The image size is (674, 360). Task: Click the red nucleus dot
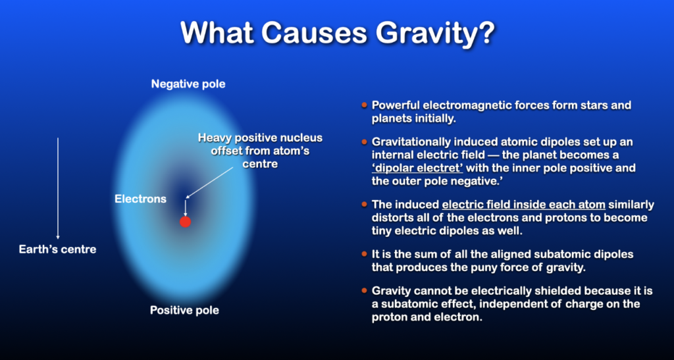pyautogui.click(x=185, y=222)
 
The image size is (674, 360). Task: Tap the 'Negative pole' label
pyautogui.click(x=188, y=84)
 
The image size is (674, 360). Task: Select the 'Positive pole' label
pyautogui.click(x=184, y=310)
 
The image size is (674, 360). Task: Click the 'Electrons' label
pyautogui.click(x=141, y=199)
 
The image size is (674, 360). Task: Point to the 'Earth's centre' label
pyautogui.click(x=58, y=249)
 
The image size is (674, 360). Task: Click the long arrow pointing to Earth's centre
pyautogui.click(x=58, y=188)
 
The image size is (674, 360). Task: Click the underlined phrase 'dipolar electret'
pyautogui.click(x=417, y=168)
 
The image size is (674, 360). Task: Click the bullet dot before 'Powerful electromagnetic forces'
pyautogui.click(x=365, y=105)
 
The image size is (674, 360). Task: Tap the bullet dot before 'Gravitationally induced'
pyautogui.click(x=365, y=141)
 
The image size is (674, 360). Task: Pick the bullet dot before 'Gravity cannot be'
pyautogui.click(x=365, y=291)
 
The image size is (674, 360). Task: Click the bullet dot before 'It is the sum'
pyautogui.click(x=365, y=254)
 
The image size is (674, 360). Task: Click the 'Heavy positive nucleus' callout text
pyautogui.click(x=260, y=138)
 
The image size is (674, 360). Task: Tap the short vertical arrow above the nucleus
pyautogui.click(x=185, y=207)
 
